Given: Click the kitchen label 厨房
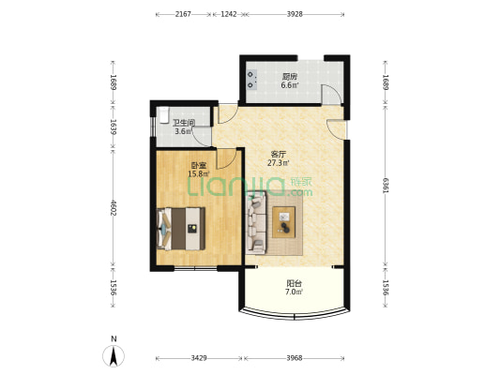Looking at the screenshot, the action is [290, 77].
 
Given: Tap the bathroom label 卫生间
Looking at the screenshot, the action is [184, 123].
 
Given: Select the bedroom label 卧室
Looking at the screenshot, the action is [198, 166].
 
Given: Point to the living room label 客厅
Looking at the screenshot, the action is [278, 155].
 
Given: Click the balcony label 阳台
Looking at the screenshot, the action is [294, 283].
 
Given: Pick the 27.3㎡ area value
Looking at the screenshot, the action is [278, 163].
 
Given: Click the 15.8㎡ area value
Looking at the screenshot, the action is [198, 174].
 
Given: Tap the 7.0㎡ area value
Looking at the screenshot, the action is [294, 292].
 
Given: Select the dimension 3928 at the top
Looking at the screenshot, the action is [295, 14].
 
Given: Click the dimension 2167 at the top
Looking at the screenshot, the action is [183, 14].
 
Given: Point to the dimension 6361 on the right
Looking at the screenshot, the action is [386, 186].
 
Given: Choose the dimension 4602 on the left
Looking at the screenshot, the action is [113, 208].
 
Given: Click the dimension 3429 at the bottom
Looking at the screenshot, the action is [199, 358].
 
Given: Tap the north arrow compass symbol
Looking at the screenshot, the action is [114, 355].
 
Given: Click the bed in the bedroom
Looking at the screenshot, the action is [181, 229].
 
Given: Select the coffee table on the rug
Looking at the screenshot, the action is [284, 222].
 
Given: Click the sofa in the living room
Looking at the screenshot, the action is [256, 223].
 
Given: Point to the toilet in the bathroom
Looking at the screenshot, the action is [163, 115].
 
